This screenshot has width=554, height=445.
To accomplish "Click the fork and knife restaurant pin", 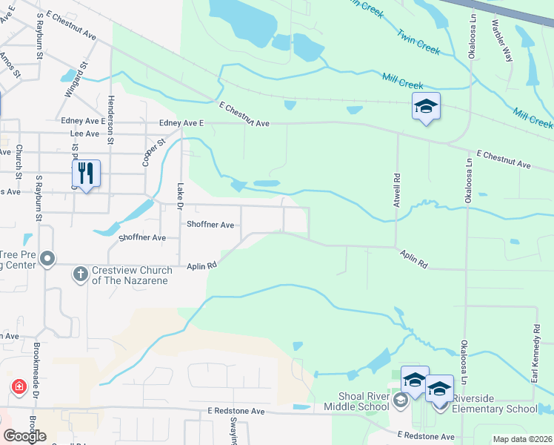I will pyautogui.click(x=87, y=174).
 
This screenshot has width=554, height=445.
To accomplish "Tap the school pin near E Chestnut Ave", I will pyautogui.click(x=427, y=106).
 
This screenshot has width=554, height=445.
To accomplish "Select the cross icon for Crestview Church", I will pyautogui.click(x=81, y=274).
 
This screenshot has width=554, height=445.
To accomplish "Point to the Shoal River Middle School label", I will pyautogui.click(x=356, y=400).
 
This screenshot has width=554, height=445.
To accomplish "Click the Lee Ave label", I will pyautogui.click(x=84, y=134).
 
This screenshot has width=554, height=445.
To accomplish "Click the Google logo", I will pyautogui.click(x=24, y=436).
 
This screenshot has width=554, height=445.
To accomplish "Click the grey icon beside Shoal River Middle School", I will pyautogui.click(x=401, y=401).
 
